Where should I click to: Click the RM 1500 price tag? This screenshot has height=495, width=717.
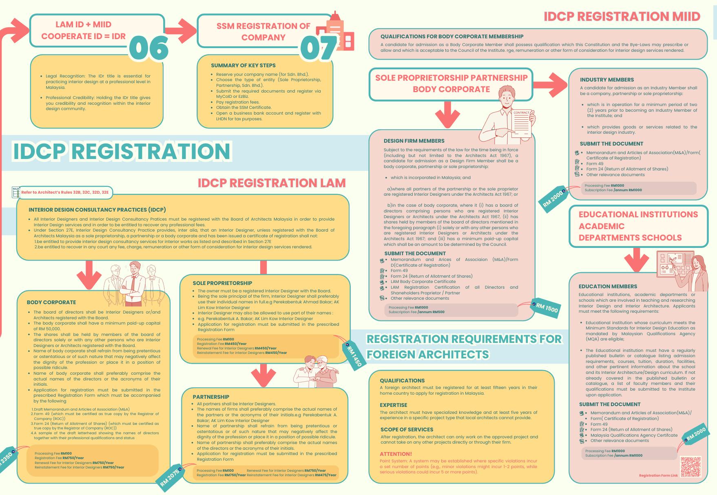[544, 308]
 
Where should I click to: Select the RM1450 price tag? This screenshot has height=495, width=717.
[354, 354]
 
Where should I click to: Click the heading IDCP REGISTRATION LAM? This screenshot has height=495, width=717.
[272, 183]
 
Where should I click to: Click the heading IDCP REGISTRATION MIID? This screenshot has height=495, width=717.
[622, 16]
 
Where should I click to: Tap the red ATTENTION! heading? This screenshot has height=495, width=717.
[396, 454]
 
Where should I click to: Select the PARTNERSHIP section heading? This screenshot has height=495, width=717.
[211, 397]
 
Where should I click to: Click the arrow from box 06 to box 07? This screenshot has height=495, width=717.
[180, 30]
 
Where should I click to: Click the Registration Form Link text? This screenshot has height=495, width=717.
[658, 476]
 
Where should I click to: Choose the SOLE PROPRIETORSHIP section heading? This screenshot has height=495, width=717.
[222, 283]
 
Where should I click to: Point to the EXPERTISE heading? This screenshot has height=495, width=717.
[393, 405]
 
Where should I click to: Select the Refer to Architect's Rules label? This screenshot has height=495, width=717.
[65, 192]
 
